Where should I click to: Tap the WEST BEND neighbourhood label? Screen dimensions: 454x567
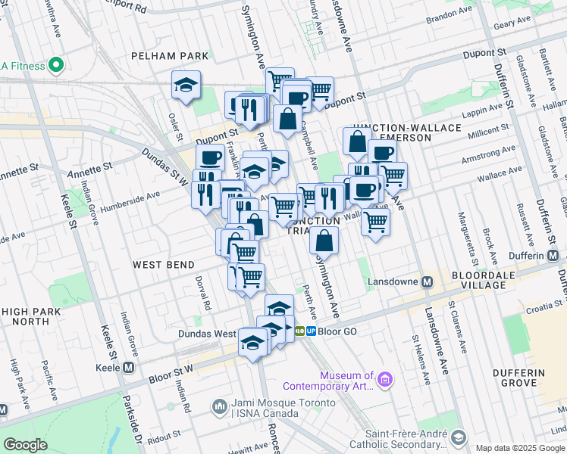click(x=164, y=264)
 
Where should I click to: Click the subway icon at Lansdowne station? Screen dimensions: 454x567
click(x=427, y=281)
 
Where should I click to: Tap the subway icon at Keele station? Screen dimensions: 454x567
click(x=128, y=368)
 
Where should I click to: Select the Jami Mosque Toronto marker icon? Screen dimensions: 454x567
click(x=219, y=406)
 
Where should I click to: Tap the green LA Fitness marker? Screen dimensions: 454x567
click(x=54, y=65)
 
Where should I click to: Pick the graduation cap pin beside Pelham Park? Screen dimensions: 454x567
click(x=185, y=86)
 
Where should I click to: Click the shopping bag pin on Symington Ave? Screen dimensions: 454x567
click(x=324, y=241)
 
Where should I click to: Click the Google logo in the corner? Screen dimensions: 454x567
click(x=26, y=445)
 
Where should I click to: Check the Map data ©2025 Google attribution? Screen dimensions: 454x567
click(x=520, y=448)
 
